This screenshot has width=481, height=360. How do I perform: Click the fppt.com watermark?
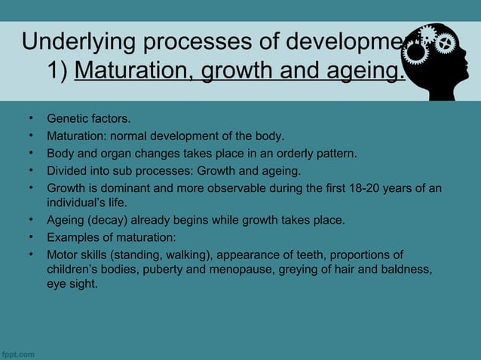[18, 352]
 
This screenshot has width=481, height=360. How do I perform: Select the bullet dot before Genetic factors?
[32, 119]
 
